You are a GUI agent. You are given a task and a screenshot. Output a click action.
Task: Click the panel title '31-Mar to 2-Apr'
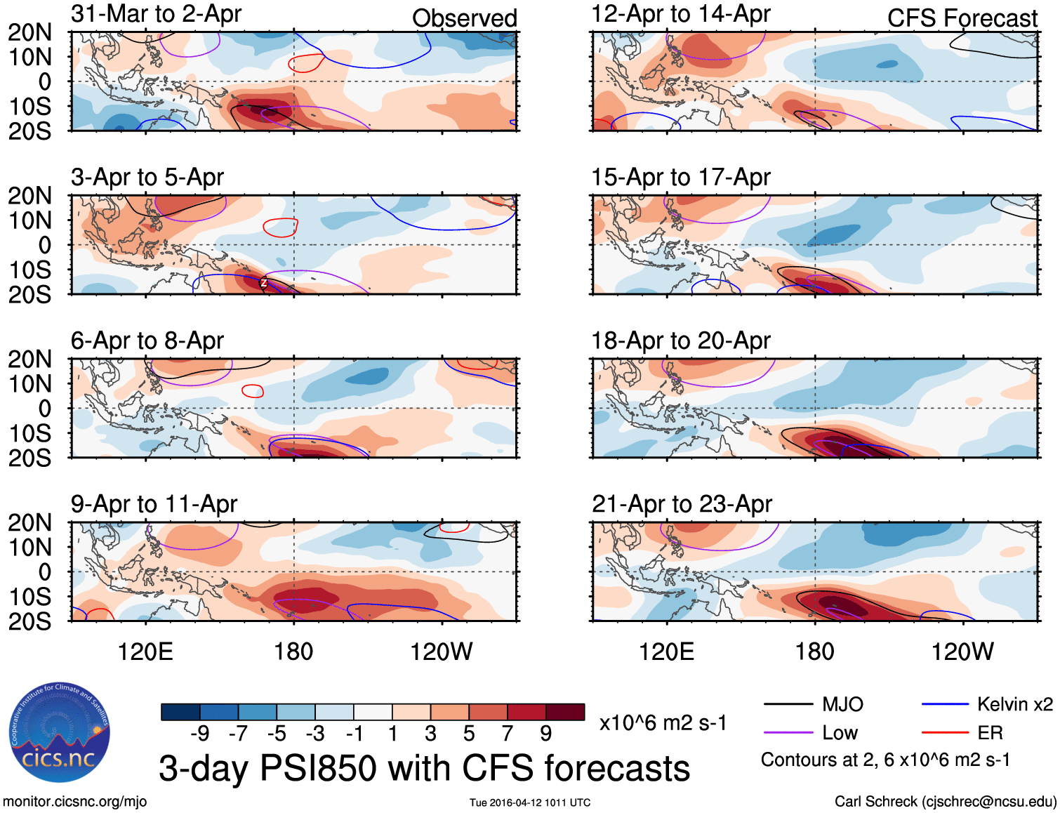pyautogui.click(x=156, y=14)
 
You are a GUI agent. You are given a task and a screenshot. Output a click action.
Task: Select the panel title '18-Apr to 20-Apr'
pyautogui.click(x=680, y=341)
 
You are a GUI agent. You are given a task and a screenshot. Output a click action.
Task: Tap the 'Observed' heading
pyautogui.click(x=464, y=18)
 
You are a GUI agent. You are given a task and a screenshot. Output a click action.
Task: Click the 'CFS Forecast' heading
pyautogui.click(x=962, y=18)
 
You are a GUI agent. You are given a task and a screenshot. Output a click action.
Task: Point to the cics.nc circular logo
pyautogui.click(x=59, y=734)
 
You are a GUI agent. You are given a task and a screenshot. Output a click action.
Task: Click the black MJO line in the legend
pyautogui.click(x=788, y=704)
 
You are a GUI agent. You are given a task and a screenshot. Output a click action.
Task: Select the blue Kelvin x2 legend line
pyautogui.click(x=945, y=704)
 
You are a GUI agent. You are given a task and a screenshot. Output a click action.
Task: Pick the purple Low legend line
pyautogui.click(x=788, y=733)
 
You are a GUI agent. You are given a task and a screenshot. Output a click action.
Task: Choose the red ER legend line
pyautogui.click(x=945, y=733)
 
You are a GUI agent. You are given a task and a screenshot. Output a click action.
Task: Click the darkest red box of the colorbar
pyautogui.click(x=565, y=712)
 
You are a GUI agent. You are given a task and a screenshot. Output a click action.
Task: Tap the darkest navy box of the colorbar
pyautogui.click(x=180, y=712)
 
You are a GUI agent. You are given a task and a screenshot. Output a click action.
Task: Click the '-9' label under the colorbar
pyautogui.click(x=200, y=734)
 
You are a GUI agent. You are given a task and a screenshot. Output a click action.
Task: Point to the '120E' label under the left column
pyautogui.click(x=145, y=652)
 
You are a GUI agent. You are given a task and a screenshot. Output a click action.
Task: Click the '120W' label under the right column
pyautogui.click(x=962, y=652)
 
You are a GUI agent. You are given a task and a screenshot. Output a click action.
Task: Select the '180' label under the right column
pyautogui.click(x=814, y=652)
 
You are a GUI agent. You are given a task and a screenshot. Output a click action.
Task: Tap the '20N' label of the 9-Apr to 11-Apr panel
pyautogui.click(x=29, y=523)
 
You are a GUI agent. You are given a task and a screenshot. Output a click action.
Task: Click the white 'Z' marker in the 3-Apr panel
pyautogui.click(x=264, y=283)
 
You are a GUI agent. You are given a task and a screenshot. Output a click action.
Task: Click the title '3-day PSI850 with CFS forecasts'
pyautogui.click(x=424, y=769)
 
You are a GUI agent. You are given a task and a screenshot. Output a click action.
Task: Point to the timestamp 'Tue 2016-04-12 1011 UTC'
pyautogui.click(x=530, y=802)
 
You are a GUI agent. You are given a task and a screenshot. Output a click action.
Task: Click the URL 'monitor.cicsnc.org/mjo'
pyautogui.click(x=75, y=802)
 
